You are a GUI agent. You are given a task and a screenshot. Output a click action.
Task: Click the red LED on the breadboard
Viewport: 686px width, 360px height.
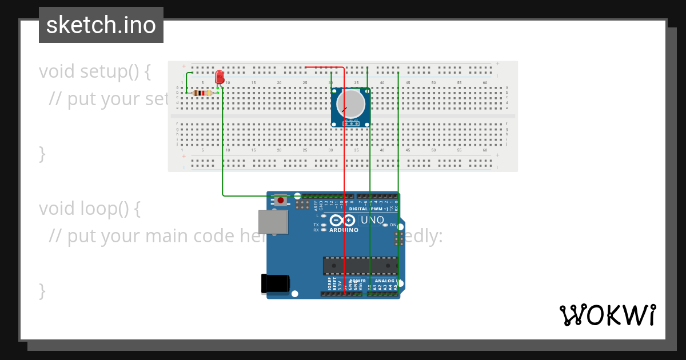[x=220, y=77]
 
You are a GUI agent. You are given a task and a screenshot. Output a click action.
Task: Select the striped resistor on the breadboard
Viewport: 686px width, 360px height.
[x=202, y=93]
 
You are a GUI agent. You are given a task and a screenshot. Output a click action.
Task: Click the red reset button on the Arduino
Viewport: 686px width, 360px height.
[x=281, y=199]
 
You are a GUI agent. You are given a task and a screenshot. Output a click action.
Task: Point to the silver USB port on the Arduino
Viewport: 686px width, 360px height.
[x=273, y=222]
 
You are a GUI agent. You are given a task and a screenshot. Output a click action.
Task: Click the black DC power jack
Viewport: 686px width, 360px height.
[x=275, y=284]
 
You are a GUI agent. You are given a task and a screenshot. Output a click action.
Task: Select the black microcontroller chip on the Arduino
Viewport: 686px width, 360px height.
[x=360, y=266]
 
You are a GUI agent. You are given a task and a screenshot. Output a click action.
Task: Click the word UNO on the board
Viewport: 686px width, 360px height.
[x=372, y=221]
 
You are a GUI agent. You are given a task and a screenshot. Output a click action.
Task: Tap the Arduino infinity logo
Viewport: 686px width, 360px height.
[x=342, y=221]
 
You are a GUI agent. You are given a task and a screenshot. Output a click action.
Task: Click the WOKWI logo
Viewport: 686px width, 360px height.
[x=607, y=315]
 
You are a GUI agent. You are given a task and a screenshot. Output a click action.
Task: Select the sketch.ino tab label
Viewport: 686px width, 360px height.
[x=101, y=25]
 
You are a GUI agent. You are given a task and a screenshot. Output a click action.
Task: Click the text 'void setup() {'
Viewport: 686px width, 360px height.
[x=95, y=71]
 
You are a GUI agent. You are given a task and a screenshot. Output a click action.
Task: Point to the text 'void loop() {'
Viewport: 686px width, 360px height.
[x=89, y=209]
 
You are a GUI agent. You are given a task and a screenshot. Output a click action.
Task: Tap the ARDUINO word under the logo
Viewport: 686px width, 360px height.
[x=344, y=230]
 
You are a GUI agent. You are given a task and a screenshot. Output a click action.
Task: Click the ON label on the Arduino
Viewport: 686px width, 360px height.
[x=393, y=225]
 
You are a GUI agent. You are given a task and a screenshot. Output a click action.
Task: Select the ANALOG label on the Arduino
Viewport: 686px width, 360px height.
[x=384, y=281]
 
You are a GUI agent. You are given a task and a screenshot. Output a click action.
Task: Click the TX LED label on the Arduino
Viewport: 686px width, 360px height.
[x=316, y=225]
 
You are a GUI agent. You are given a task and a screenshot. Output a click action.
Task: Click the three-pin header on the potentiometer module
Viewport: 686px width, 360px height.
[x=350, y=123]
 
